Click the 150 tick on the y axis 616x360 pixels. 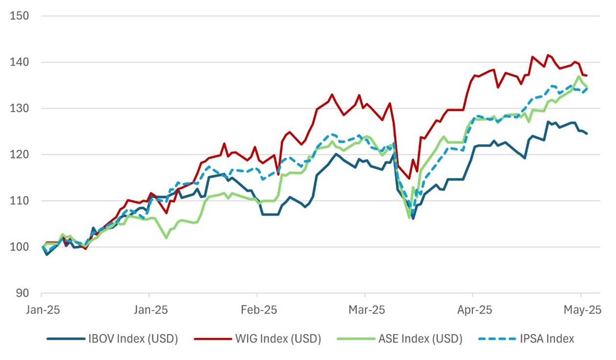[x=20, y=16]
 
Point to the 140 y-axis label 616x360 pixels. [x=20, y=62]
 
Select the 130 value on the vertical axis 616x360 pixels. [x=20, y=108]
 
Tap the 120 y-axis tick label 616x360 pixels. [x=20, y=155]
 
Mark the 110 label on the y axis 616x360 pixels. [x=20, y=201]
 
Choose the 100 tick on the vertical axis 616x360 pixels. [x=20, y=247]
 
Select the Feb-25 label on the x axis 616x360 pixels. [x=257, y=310]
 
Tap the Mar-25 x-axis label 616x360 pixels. [x=365, y=310]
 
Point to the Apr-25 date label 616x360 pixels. [x=473, y=310]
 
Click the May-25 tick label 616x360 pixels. [x=581, y=310]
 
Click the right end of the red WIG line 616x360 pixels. [x=587, y=75]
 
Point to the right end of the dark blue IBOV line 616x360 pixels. [x=587, y=134]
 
